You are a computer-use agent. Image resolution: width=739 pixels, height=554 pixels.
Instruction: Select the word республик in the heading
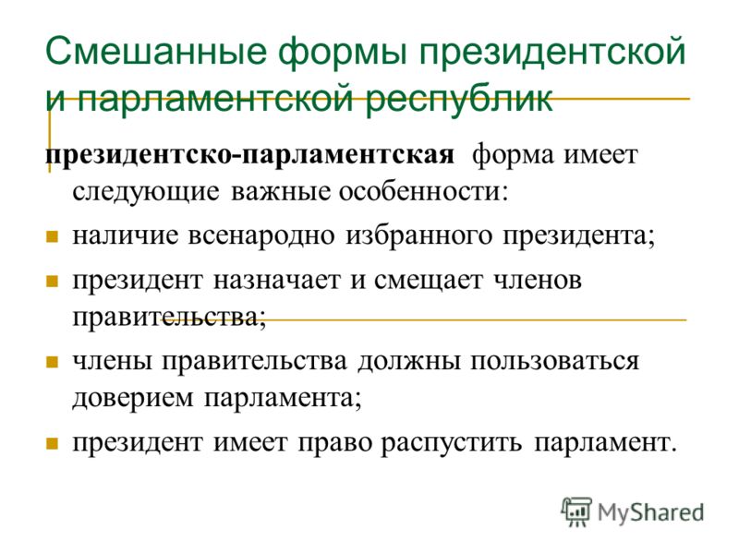[x=458, y=100]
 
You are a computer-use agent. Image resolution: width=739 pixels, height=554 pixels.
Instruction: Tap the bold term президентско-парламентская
[x=249, y=155]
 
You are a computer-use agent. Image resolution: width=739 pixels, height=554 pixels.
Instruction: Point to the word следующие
[x=146, y=192]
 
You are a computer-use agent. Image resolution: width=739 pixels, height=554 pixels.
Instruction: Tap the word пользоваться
[x=555, y=361]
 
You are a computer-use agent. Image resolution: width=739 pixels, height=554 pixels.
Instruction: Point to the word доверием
[x=133, y=398]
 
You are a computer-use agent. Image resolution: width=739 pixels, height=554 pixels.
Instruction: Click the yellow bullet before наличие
[x=52, y=236]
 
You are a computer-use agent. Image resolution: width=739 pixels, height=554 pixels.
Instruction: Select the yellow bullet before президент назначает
[x=52, y=282]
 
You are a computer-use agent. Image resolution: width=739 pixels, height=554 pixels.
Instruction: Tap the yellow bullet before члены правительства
[x=52, y=362]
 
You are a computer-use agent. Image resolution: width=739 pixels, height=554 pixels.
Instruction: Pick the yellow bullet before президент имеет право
[x=52, y=443]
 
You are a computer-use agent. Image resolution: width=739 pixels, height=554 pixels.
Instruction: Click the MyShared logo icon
[x=576, y=512]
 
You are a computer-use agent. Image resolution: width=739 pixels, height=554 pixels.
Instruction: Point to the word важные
[x=279, y=192]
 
